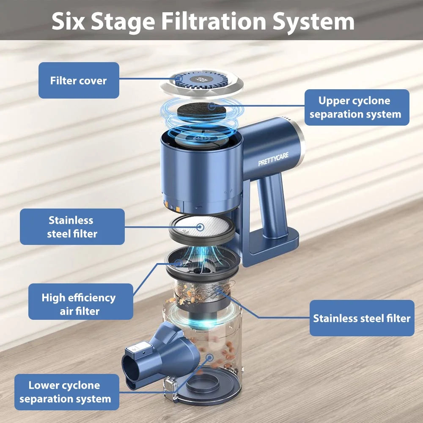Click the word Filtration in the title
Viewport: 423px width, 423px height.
[214, 21]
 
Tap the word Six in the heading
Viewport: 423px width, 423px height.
[68, 21]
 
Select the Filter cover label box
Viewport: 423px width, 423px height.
[79, 80]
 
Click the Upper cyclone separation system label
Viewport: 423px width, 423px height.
[357, 107]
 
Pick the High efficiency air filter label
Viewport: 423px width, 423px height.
[81, 302]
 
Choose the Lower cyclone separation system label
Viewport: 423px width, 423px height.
[67, 392]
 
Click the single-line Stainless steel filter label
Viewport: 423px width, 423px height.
[362, 318]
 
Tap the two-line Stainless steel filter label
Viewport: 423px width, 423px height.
[72, 227]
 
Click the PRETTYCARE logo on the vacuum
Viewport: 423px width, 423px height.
[273, 159]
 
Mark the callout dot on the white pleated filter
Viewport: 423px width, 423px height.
[200, 227]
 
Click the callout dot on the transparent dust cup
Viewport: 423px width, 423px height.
[209, 358]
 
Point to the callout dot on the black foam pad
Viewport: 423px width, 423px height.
[212, 106]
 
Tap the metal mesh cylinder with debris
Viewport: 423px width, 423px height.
[202, 293]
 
